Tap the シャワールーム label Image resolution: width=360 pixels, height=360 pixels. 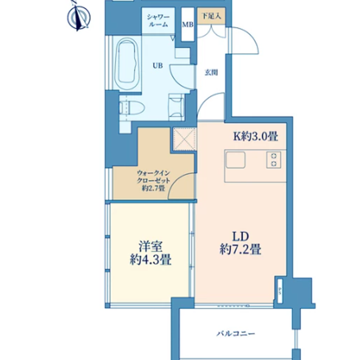click(x=158, y=21)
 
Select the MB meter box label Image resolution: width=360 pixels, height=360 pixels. click(x=188, y=24)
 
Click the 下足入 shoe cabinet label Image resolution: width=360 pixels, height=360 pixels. click(x=211, y=16)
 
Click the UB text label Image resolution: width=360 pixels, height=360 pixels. click(x=158, y=66)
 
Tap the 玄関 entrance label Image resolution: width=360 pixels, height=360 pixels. click(x=211, y=73)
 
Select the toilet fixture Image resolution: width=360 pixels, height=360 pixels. click(x=132, y=108)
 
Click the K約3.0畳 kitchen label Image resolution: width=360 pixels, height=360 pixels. click(x=256, y=136)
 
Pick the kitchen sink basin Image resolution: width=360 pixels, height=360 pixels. click(x=236, y=160)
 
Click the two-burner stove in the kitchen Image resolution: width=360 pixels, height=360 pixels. click(x=274, y=160)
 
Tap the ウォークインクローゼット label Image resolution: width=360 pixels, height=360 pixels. click(x=153, y=176)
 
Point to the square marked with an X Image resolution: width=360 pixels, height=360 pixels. click(x=184, y=139)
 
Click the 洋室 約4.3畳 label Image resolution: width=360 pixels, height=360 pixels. click(x=150, y=253)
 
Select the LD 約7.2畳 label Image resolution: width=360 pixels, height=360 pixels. click(x=240, y=243)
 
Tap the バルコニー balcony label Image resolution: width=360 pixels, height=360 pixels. click(x=236, y=333)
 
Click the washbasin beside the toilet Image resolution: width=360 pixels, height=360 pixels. click(x=176, y=107)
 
